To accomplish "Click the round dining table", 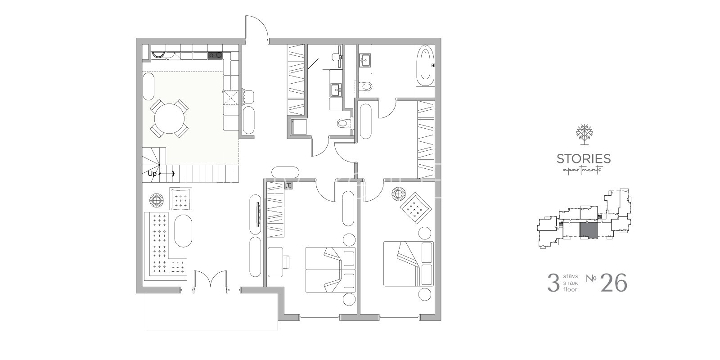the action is (169, 118).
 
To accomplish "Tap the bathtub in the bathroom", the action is (425, 66).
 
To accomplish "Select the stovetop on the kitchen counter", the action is (215, 55).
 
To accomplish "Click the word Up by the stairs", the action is (152, 174).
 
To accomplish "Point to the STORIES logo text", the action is (584, 159).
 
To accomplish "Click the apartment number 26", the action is (614, 283).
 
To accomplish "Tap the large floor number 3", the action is (553, 283).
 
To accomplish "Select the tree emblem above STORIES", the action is (585, 135).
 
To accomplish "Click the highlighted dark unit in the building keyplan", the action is (589, 230).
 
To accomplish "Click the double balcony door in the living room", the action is (210, 279).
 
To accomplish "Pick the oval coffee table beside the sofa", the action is (183, 231).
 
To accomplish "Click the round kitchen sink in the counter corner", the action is (158, 55).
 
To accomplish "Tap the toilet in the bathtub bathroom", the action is (364, 86).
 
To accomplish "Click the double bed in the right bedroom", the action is (408, 264).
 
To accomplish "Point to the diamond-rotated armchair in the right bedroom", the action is (416, 208).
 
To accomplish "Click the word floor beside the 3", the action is (570, 289).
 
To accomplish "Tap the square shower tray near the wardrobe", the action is (299, 126).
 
